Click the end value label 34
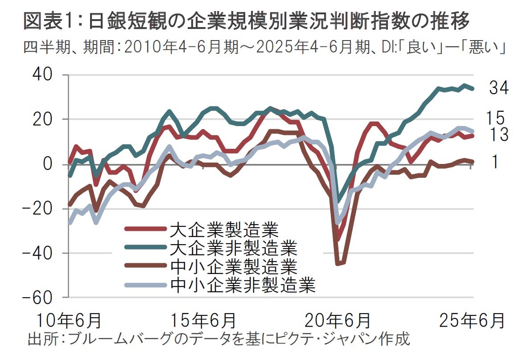[498, 88]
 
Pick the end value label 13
[498, 134]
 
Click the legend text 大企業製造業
[224, 230]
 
